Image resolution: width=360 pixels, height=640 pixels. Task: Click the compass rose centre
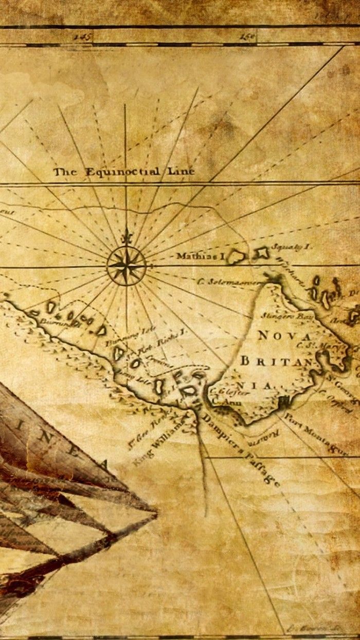tap(126, 266)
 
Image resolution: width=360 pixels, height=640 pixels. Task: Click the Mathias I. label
tap(201, 255)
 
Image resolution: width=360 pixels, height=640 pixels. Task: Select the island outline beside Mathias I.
tap(237, 255)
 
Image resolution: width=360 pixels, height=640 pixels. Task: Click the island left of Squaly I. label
tap(261, 252)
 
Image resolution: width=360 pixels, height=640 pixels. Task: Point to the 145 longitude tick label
tap(82, 36)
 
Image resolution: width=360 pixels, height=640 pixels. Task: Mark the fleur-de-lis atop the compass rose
tap(126, 237)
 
